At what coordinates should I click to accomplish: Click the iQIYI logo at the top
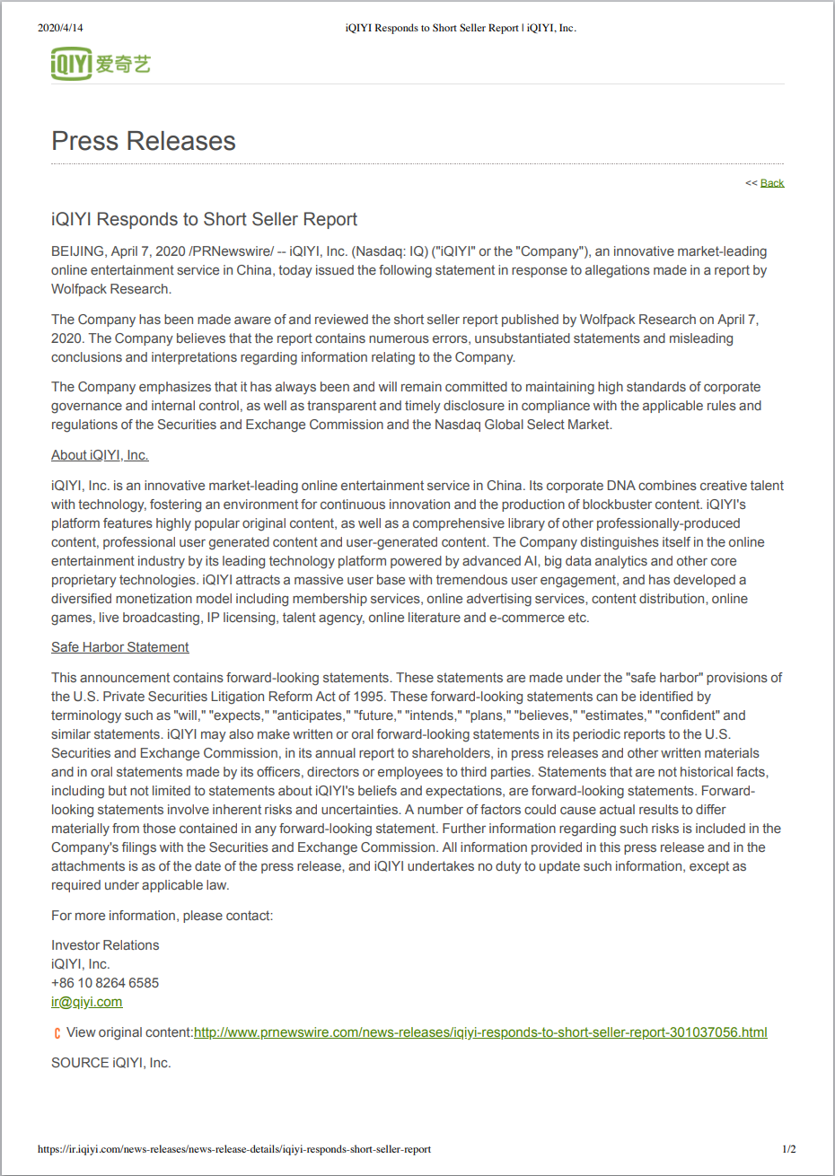tap(101, 64)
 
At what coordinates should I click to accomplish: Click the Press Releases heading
tap(144, 141)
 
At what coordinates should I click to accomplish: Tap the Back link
tap(772, 183)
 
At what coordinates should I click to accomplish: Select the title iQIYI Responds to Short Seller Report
tap(204, 220)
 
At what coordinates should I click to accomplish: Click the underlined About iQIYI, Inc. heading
tap(100, 455)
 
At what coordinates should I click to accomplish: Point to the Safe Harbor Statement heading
tap(120, 647)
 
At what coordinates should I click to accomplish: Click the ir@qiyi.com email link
tap(86, 1002)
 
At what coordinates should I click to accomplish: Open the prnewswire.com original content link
tap(480, 1032)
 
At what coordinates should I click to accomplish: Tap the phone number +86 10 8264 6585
tap(105, 983)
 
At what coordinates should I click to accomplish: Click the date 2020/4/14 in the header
tap(60, 28)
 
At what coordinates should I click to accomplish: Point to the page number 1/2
tap(788, 1149)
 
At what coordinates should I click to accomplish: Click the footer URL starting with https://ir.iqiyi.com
tap(234, 1149)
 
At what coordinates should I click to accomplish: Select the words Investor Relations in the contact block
tap(105, 945)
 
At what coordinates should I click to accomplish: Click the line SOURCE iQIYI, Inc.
tap(110, 1063)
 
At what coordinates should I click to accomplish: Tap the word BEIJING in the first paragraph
tap(77, 251)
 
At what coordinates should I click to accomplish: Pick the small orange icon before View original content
tap(57, 1033)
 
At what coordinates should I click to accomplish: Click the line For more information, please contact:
tap(162, 916)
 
